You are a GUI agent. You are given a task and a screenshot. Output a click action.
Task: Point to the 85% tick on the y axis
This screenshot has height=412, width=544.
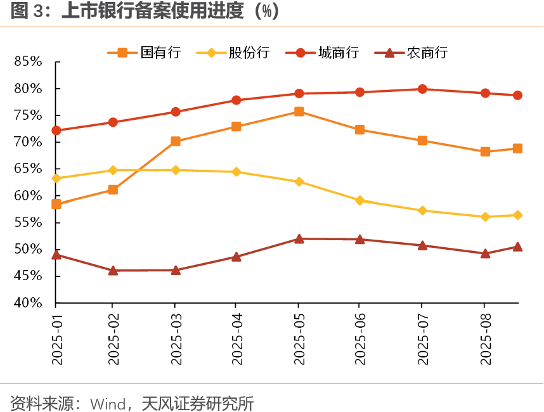click(x=29, y=61)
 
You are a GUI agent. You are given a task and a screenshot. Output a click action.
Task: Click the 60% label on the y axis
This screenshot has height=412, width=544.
click(x=29, y=196)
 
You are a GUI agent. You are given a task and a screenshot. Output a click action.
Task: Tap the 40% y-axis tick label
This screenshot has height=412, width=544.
click(x=29, y=303)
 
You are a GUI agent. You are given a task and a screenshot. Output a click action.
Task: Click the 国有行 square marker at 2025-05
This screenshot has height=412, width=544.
click(x=299, y=112)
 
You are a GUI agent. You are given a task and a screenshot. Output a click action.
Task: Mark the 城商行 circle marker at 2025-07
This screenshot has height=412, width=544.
click(x=422, y=89)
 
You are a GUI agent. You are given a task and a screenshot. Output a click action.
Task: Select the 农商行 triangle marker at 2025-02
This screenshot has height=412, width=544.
click(x=113, y=271)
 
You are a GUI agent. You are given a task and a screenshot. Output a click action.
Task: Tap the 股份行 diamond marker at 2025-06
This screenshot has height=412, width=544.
click(x=360, y=200)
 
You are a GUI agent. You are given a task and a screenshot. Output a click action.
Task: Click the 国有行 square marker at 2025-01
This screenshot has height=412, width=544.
click(x=56, y=204)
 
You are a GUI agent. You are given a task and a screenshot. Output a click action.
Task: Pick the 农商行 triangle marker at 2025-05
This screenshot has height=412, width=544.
click(x=299, y=239)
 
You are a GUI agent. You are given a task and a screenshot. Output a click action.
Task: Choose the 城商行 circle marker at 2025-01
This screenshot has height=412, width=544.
click(x=56, y=131)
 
